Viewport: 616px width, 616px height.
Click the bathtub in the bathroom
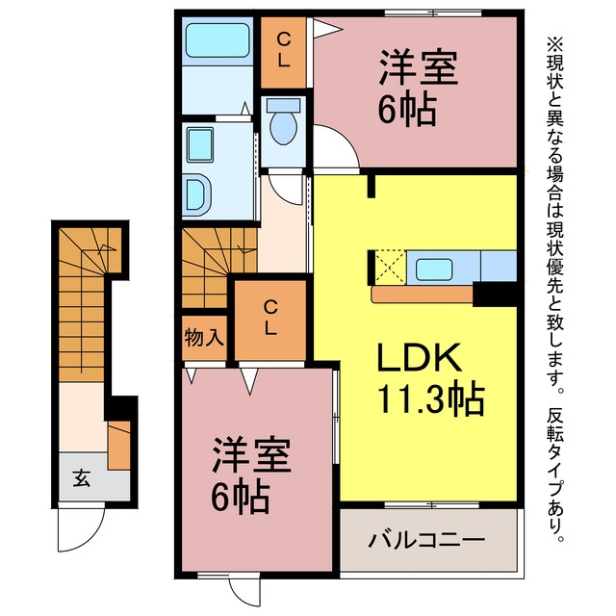click(218, 40)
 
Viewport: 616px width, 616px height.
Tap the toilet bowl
click(284, 128)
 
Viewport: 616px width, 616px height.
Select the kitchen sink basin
click(434, 269)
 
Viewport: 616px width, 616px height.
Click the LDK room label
click(420, 357)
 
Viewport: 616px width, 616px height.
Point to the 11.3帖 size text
click(430, 398)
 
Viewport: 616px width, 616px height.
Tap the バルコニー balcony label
click(426, 541)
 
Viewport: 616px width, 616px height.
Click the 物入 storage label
click(204, 338)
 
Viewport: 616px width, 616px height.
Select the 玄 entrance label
click(81, 478)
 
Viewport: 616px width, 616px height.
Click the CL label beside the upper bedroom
click(283, 50)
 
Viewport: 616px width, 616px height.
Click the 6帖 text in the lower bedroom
click(241, 497)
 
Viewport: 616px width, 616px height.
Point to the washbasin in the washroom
click(200, 144)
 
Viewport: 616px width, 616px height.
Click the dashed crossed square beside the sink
click(390, 267)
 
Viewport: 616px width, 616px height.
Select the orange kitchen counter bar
click(423, 295)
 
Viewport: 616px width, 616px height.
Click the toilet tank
click(283, 105)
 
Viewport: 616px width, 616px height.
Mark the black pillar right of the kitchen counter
click(495, 294)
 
